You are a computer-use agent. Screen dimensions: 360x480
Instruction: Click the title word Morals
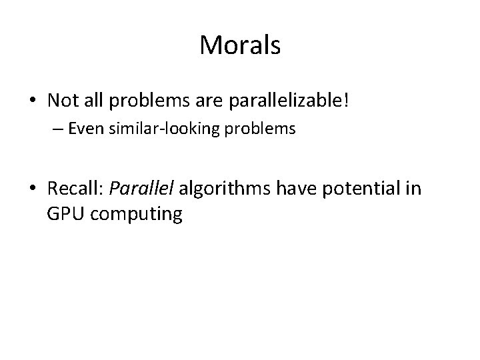click(x=240, y=46)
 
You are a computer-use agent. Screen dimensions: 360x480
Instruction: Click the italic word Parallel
click(x=139, y=189)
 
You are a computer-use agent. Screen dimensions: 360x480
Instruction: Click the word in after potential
click(x=413, y=189)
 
